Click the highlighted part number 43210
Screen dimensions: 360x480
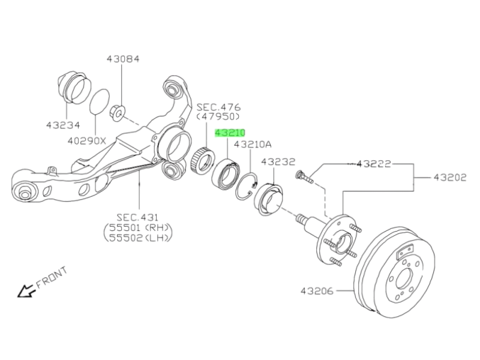click(230, 133)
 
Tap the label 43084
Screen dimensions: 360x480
click(123, 59)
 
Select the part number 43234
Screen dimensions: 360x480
click(62, 125)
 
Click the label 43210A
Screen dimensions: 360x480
click(253, 145)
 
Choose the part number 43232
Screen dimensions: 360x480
click(278, 161)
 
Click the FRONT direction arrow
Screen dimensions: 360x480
click(26, 291)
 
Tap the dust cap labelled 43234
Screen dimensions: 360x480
click(71, 88)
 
